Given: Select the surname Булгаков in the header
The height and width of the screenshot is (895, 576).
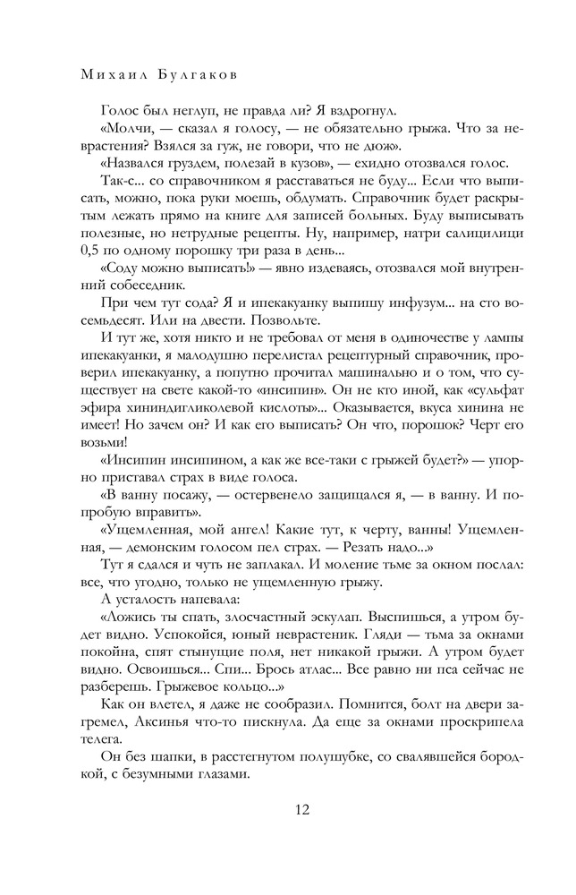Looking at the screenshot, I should click(205, 69).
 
